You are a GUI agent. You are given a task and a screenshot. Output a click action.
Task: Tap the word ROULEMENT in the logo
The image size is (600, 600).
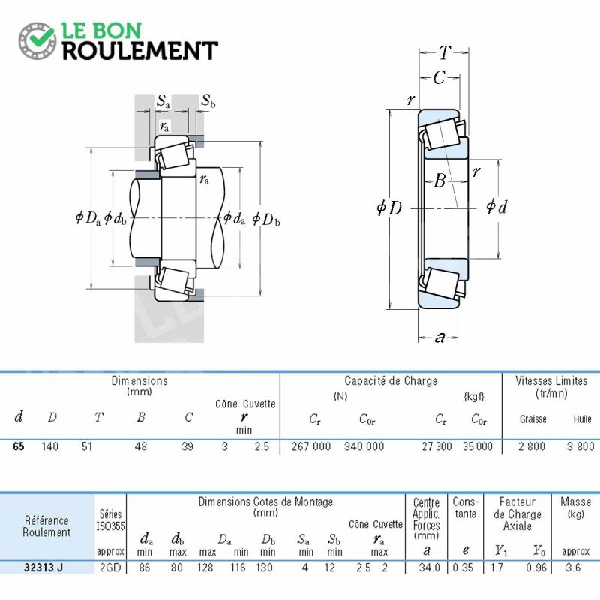140,51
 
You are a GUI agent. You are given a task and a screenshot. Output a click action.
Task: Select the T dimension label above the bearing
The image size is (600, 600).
444,52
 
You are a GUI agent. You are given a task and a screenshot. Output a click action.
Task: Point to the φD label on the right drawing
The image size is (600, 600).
389,208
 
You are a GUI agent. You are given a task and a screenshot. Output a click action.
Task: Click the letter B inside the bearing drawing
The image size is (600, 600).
440,180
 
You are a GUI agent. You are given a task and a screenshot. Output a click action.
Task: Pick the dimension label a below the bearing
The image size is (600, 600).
439,337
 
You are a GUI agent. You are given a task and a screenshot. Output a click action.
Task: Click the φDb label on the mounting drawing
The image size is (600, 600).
266,219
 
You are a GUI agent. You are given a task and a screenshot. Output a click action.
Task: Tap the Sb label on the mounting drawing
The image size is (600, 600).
208,100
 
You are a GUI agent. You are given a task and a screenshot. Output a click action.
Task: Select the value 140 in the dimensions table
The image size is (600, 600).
49,446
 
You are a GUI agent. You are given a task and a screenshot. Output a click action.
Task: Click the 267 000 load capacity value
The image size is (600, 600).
311,446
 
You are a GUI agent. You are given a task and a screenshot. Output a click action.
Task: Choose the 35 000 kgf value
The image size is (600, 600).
478,446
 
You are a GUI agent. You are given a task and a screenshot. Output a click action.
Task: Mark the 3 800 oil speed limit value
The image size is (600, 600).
580,446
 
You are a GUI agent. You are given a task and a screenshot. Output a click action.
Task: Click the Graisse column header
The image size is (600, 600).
532,419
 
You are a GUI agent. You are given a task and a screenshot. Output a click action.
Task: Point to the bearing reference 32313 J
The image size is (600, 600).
43,568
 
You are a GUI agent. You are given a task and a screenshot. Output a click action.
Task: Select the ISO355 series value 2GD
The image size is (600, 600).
110,568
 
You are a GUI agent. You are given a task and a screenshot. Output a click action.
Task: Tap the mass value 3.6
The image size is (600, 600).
573,568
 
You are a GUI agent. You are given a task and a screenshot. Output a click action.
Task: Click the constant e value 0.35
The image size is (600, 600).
463,568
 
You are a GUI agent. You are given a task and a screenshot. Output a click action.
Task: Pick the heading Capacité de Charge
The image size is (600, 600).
391,381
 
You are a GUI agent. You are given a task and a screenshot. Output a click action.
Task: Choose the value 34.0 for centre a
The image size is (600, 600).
429,568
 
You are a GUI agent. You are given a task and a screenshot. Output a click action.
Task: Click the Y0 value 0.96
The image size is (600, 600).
536,568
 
